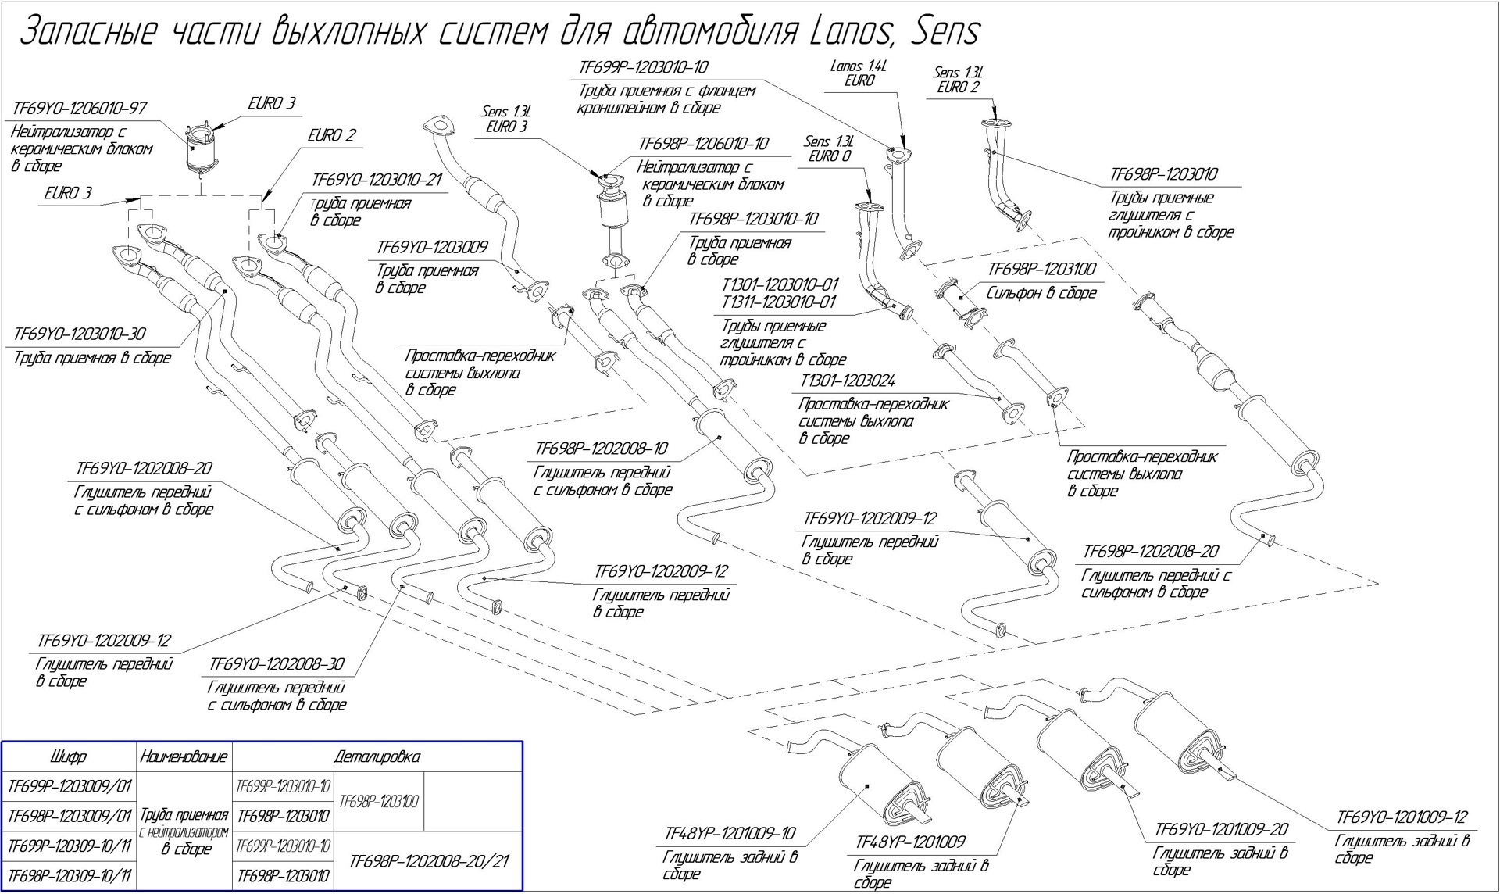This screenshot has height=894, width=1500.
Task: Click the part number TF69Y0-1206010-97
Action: (80, 109)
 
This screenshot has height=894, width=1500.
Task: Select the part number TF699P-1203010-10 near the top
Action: (645, 68)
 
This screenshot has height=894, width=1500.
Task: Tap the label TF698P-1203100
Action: (1042, 270)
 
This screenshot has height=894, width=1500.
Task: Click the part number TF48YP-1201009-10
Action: (730, 834)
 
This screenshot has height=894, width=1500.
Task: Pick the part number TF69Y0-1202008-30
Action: (277, 665)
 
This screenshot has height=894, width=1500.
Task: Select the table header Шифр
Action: (69, 756)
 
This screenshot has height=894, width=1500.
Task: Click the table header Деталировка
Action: (377, 756)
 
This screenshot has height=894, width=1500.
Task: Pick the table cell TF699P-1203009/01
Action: (69, 785)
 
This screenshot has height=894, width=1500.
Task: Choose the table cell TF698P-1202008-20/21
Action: (429, 860)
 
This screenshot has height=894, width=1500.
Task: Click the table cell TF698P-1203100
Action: (380, 801)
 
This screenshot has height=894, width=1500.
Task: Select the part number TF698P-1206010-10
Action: (703, 145)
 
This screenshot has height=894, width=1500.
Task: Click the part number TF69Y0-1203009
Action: (432, 248)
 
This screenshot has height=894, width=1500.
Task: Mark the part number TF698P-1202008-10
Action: (602, 449)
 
